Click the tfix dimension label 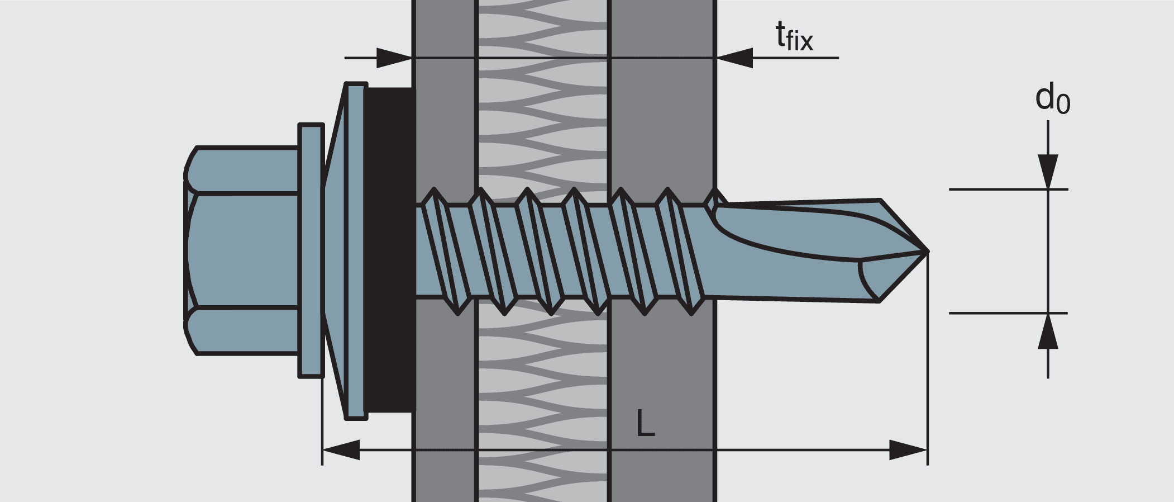click(x=794, y=37)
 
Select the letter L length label click(x=645, y=423)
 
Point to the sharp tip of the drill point click(x=927, y=251)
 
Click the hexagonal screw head click(x=241, y=250)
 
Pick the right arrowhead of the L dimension click(x=908, y=449)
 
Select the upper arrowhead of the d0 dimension click(x=1048, y=171)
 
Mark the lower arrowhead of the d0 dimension click(x=1048, y=331)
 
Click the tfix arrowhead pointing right click(x=394, y=58)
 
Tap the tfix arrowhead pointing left click(x=734, y=58)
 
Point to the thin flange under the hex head click(x=311, y=250)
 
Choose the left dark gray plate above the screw click(x=444, y=112)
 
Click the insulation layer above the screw click(x=542, y=112)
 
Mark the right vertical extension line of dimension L click(x=927, y=363)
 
